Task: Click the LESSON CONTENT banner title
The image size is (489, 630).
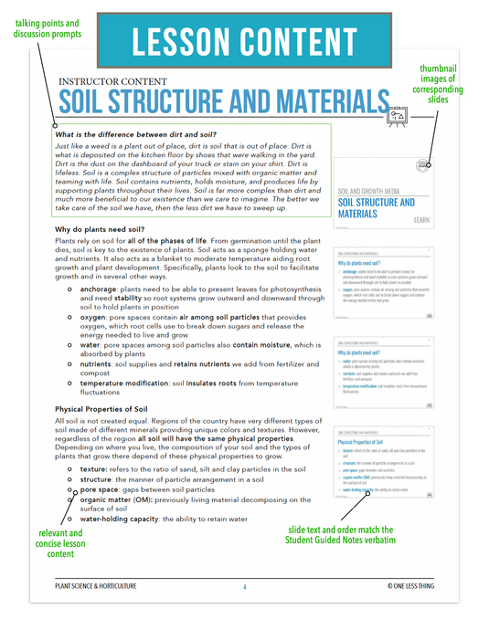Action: pos(245,41)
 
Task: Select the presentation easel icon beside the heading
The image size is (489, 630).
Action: pos(397,113)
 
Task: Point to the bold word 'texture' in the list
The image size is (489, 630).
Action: pos(93,467)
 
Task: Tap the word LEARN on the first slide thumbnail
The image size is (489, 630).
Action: pos(421,220)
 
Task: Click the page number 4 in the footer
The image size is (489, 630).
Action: pos(244,586)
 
